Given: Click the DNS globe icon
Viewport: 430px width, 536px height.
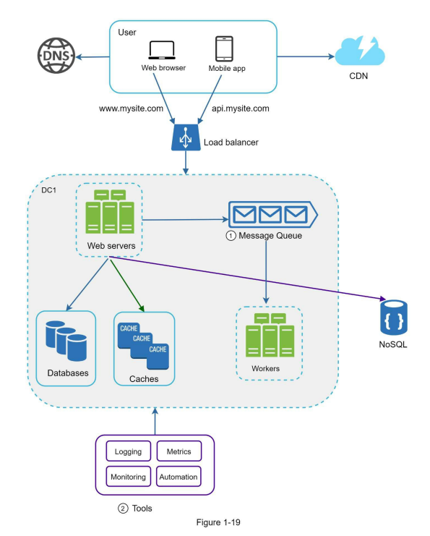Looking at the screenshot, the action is [x=56, y=56].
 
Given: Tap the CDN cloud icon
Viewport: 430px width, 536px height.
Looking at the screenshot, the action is [x=360, y=51].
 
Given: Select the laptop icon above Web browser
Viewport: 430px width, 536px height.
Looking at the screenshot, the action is [x=162, y=50].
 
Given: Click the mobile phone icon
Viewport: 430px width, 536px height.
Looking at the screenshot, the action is [x=224, y=48].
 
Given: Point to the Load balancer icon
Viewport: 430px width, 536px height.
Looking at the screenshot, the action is [x=186, y=137].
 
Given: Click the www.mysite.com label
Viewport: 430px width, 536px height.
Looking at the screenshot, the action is [x=131, y=109].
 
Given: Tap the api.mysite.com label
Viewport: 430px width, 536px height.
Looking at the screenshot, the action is [x=241, y=109].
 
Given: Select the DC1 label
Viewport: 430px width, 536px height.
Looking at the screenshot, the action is [x=49, y=190].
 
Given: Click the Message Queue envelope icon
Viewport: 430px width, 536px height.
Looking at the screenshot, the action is [x=273, y=215].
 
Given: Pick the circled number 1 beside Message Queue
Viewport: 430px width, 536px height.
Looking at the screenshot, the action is [x=231, y=236].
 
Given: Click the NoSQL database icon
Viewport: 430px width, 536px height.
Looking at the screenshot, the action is [x=394, y=318].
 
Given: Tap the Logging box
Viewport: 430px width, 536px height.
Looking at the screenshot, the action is [x=129, y=451].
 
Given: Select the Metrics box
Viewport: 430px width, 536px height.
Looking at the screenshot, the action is [x=179, y=451].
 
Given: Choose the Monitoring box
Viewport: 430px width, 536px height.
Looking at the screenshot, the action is [x=129, y=477].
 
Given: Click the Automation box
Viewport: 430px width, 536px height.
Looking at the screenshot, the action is [x=179, y=477].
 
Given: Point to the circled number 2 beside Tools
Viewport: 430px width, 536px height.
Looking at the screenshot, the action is [x=123, y=509].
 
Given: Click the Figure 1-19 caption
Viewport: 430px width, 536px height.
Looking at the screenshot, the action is [x=218, y=522].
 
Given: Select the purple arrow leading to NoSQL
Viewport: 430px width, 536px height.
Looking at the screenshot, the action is [x=247, y=278].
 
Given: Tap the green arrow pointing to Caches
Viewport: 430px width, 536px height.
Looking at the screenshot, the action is [x=127, y=286].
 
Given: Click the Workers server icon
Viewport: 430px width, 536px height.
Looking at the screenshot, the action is [x=270, y=335].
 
